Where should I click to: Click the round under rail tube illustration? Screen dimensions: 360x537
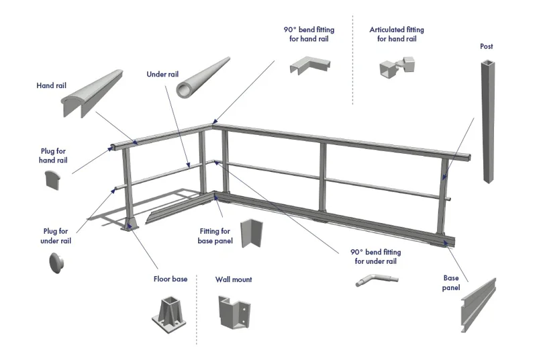203,76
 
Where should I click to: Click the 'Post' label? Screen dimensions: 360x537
486,46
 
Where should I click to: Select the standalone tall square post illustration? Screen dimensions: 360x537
487,121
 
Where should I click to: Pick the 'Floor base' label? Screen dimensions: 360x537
170,279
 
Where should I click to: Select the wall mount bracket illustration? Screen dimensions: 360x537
233,314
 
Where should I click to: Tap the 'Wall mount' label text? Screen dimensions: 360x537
234,279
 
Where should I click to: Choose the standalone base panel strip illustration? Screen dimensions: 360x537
479,305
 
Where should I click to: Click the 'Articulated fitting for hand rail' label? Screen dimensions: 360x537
397,34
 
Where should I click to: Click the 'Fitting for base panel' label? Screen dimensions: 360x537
215,236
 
